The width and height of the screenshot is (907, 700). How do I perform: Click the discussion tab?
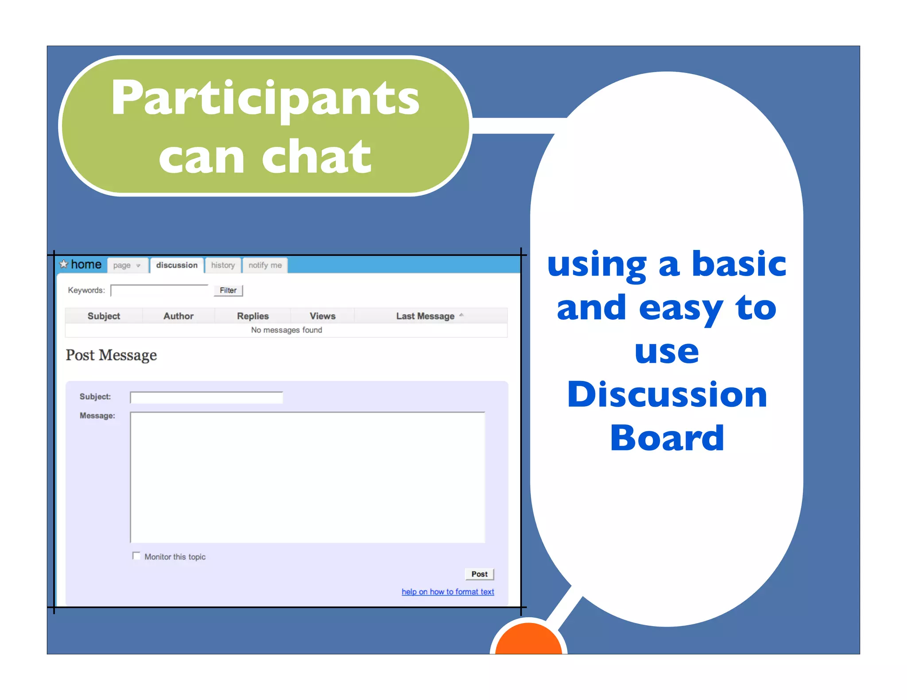(177, 265)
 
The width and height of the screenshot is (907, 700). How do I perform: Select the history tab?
(223, 265)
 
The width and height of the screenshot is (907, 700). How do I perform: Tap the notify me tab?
(265, 265)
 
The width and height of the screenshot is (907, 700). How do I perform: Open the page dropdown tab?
(127, 265)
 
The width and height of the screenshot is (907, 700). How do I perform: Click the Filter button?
(228, 290)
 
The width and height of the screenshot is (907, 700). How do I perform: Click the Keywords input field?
(159, 291)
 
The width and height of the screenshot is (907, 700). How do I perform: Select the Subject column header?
(104, 316)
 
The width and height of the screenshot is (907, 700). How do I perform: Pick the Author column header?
(178, 316)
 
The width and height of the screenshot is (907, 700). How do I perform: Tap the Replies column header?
(252, 316)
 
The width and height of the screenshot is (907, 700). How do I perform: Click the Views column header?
(322, 316)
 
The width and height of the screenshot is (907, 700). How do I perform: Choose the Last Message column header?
(425, 316)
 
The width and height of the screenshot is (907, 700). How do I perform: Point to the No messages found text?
(287, 330)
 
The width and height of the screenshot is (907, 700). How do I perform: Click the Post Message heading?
(111, 355)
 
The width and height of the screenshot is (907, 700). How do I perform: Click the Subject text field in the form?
(206, 397)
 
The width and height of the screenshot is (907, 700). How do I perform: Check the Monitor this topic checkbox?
(136, 556)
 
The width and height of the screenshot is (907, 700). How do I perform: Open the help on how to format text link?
(448, 592)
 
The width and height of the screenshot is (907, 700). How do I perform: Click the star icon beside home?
(64, 264)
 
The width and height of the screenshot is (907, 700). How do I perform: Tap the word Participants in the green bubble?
(265, 98)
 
